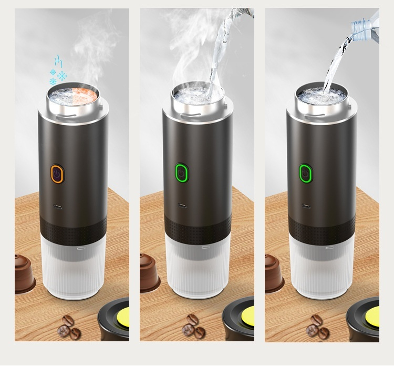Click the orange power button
click(57, 173)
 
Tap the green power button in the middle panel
click(181, 173)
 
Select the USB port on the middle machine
click(181, 206)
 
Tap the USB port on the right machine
click(305, 206)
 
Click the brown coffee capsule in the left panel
click(24, 271)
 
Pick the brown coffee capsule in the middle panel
click(149, 271)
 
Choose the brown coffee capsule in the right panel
click(273, 271)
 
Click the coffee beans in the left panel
click(70, 326)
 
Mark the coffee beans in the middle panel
click(193, 326)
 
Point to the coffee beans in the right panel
click(318, 326)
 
